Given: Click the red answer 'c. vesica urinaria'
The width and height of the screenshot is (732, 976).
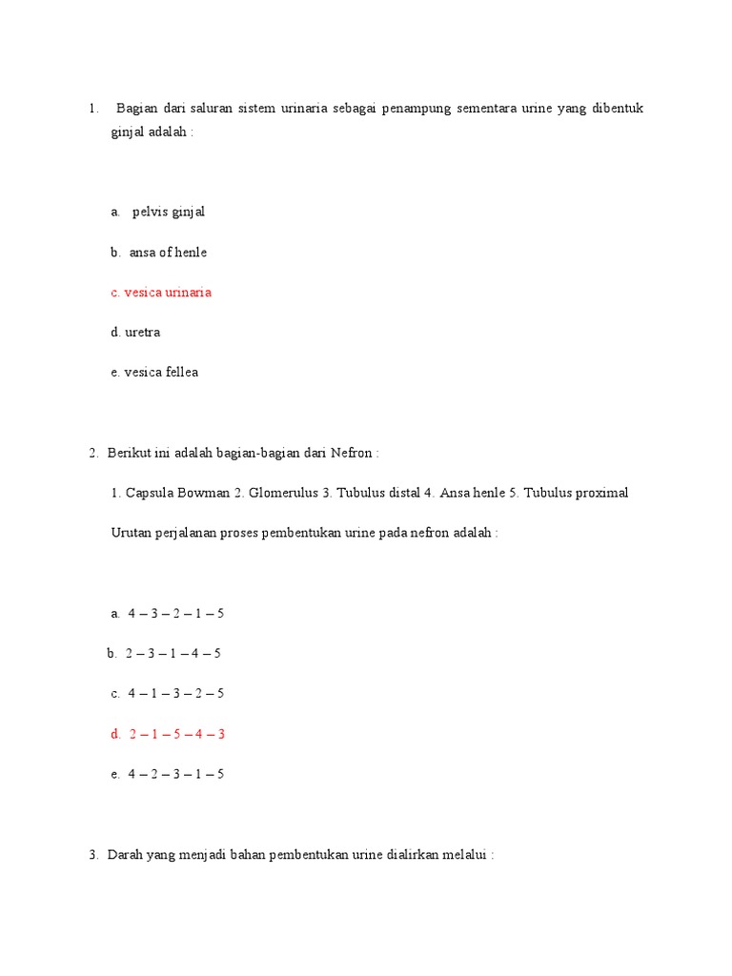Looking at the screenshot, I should (x=161, y=293).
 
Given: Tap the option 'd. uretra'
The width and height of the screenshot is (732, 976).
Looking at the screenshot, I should (x=135, y=333).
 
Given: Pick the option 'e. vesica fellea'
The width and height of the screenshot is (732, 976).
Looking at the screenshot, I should (x=154, y=373).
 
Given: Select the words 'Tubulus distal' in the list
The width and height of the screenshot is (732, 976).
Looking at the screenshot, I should (x=377, y=493).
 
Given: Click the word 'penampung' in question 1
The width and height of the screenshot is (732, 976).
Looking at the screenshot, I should (x=414, y=109).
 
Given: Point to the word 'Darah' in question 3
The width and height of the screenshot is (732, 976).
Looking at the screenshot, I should (x=125, y=855).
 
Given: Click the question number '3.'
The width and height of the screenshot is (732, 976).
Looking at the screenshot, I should (x=93, y=855).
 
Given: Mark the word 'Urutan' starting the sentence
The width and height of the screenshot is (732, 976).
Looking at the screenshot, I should (x=132, y=533).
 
